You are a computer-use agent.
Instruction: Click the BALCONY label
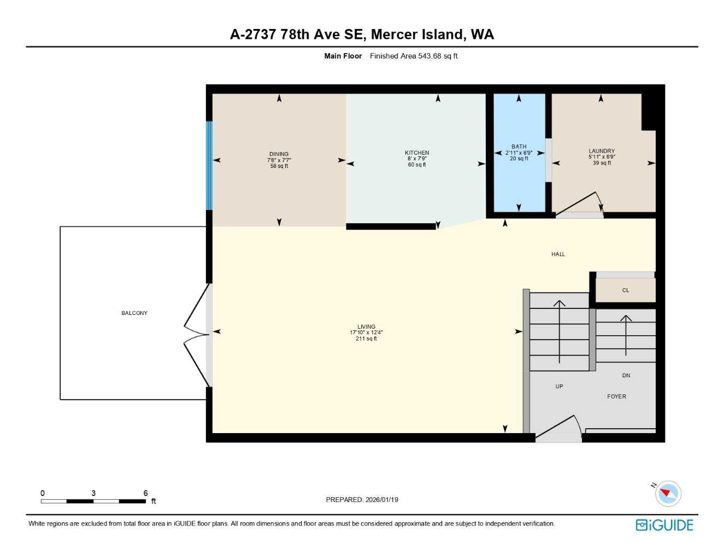tap(134, 313)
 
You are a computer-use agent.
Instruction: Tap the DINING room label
tap(279, 154)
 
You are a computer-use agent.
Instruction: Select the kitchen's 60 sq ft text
tap(417, 165)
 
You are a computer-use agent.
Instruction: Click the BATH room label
tap(519, 147)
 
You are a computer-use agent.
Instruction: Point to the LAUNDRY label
tap(602, 151)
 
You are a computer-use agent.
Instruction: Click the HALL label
tap(558, 254)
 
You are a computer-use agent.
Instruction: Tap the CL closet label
tap(626, 290)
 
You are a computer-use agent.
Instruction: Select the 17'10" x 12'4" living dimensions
tap(366, 332)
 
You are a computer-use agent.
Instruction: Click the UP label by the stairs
tap(559, 387)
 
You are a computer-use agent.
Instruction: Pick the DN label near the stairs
tap(626, 376)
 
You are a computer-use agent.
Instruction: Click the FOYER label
tap(616, 396)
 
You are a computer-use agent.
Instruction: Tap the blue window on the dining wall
tap(209, 165)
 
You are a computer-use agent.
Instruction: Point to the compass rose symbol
tap(667, 493)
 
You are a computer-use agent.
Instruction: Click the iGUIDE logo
tap(664, 525)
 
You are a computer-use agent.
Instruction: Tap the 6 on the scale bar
tap(145, 493)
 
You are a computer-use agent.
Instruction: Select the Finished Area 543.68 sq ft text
tap(414, 56)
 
